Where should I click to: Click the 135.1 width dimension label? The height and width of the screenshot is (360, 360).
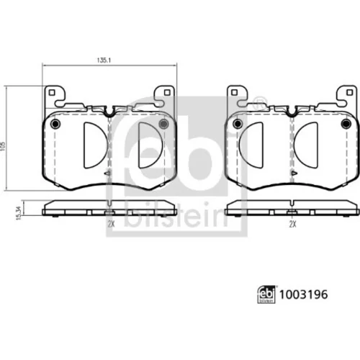click(x=104, y=60)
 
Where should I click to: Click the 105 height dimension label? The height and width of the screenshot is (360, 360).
click(x=3, y=146)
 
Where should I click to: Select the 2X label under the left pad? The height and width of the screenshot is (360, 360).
click(x=111, y=224)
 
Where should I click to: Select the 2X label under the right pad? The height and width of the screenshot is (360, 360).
click(x=292, y=224)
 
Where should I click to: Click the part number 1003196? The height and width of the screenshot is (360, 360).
click(x=303, y=294)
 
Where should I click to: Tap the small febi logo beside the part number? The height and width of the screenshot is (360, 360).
click(x=266, y=294)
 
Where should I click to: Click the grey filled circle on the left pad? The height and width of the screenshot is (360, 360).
click(x=163, y=124)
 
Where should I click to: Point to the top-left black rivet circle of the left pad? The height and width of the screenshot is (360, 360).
click(x=55, y=124)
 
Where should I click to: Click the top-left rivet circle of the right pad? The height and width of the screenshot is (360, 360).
click(x=238, y=124)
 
